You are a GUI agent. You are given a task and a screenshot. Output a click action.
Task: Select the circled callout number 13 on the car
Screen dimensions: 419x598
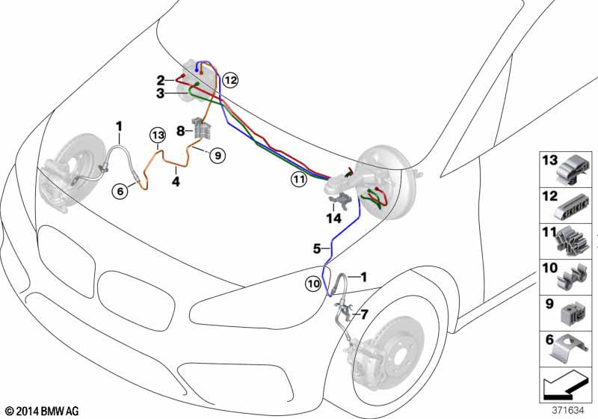click(156, 135)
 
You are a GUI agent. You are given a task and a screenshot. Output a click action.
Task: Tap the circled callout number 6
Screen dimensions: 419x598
click(119, 192)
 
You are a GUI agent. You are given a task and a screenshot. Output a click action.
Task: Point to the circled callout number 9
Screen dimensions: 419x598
click(217, 156)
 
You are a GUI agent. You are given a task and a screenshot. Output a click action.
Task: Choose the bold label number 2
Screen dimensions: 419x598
click(161, 79)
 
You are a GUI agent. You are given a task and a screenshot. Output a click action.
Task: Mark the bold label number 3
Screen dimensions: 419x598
click(161, 94)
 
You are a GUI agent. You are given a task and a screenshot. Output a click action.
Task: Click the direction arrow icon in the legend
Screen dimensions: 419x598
click(565, 388)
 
